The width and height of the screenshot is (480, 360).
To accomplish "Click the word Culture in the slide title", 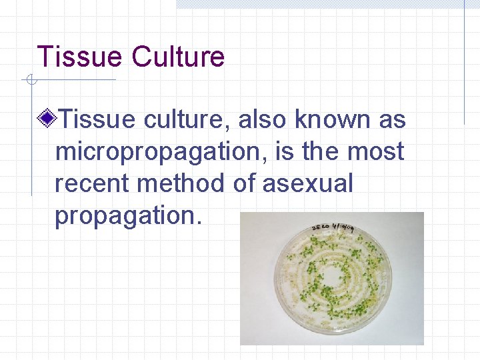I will click(178, 57).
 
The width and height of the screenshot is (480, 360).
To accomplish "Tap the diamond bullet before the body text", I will click(48, 120).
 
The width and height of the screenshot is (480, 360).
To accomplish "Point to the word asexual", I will click(307, 183).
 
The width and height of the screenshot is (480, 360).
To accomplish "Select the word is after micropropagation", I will click(288, 151).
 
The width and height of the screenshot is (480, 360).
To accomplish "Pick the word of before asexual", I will click(244, 183).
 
